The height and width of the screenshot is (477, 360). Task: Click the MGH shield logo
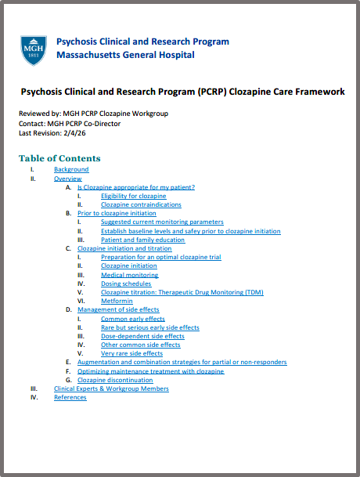click(33, 49)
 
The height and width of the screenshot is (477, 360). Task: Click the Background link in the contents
click(71, 169)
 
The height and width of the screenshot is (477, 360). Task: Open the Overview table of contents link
click(68, 179)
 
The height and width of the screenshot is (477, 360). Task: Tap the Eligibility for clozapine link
click(134, 196)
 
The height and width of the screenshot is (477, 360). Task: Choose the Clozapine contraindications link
click(141, 204)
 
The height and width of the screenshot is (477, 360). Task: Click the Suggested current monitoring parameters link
click(162, 222)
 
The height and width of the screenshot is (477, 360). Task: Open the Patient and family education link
click(143, 240)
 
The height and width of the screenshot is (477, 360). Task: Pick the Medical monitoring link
click(129, 275)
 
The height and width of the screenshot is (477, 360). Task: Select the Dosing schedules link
click(126, 284)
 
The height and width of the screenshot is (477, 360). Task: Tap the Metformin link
click(117, 301)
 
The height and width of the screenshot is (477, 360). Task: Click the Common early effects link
click(133, 319)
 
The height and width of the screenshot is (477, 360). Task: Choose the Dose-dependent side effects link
click(142, 336)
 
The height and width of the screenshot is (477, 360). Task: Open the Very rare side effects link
click(131, 353)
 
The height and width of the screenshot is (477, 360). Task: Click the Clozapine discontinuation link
click(115, 380)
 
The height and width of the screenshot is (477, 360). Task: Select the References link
click(70, 397)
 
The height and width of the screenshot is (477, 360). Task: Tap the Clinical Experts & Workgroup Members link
click(111, 388)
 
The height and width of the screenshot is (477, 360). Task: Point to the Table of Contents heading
click(59, 158)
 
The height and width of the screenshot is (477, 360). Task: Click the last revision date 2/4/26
click(77, 133)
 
